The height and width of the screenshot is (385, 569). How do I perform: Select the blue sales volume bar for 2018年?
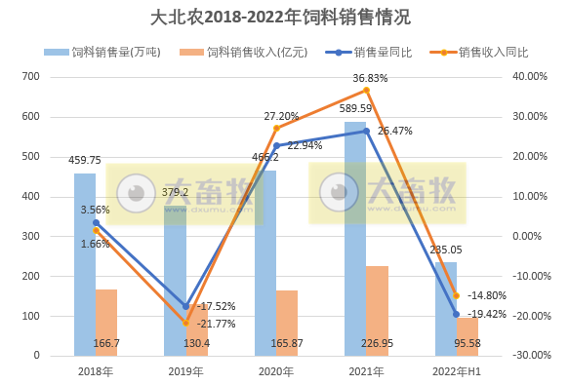point(85,263)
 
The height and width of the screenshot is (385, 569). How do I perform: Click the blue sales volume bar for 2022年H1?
point(445,308)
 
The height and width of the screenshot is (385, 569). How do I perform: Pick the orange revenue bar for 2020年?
point(287,323)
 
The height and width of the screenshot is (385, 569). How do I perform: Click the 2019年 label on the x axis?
point(185,371)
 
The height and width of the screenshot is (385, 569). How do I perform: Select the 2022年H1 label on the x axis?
point(455,371)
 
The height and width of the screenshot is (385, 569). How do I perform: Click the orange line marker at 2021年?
point(366,91)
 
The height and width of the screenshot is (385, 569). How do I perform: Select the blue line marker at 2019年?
point(186,306)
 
